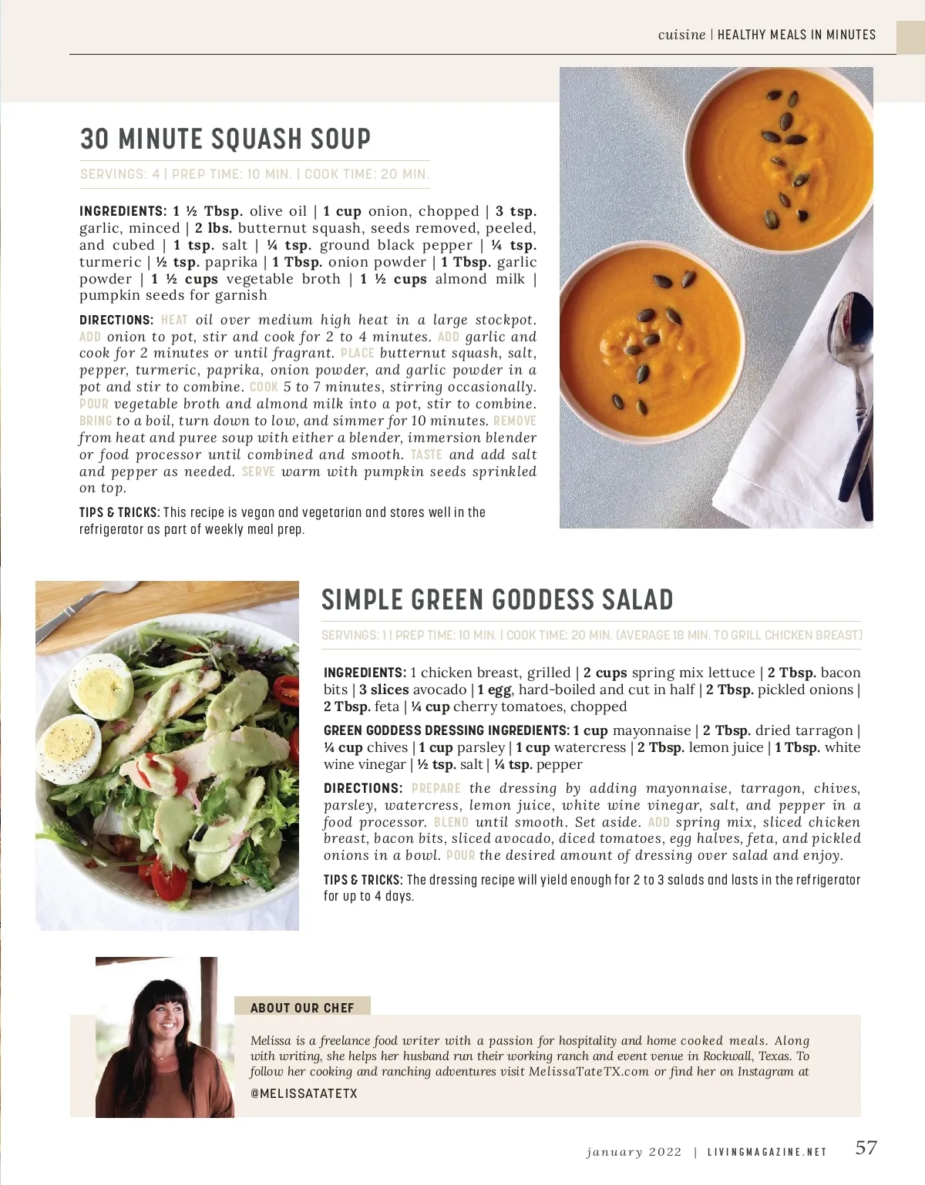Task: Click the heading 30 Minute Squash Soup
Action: [225, 139]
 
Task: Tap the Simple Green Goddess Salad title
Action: [497, 599]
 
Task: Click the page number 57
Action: [866, 1147]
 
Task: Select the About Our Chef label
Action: [302, 1008]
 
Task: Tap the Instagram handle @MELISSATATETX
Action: [304, 1093]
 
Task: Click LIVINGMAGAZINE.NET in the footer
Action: [768, 1153]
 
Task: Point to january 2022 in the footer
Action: [634, 1153]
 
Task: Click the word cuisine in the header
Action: [681, 35]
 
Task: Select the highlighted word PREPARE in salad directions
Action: [436, 788]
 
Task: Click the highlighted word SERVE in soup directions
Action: [258, 472]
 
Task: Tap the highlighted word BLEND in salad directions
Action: [451, 822]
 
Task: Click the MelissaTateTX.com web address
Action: [589, 1071]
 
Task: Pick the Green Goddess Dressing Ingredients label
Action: [446, 730]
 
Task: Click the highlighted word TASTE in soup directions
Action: [426, 455]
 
